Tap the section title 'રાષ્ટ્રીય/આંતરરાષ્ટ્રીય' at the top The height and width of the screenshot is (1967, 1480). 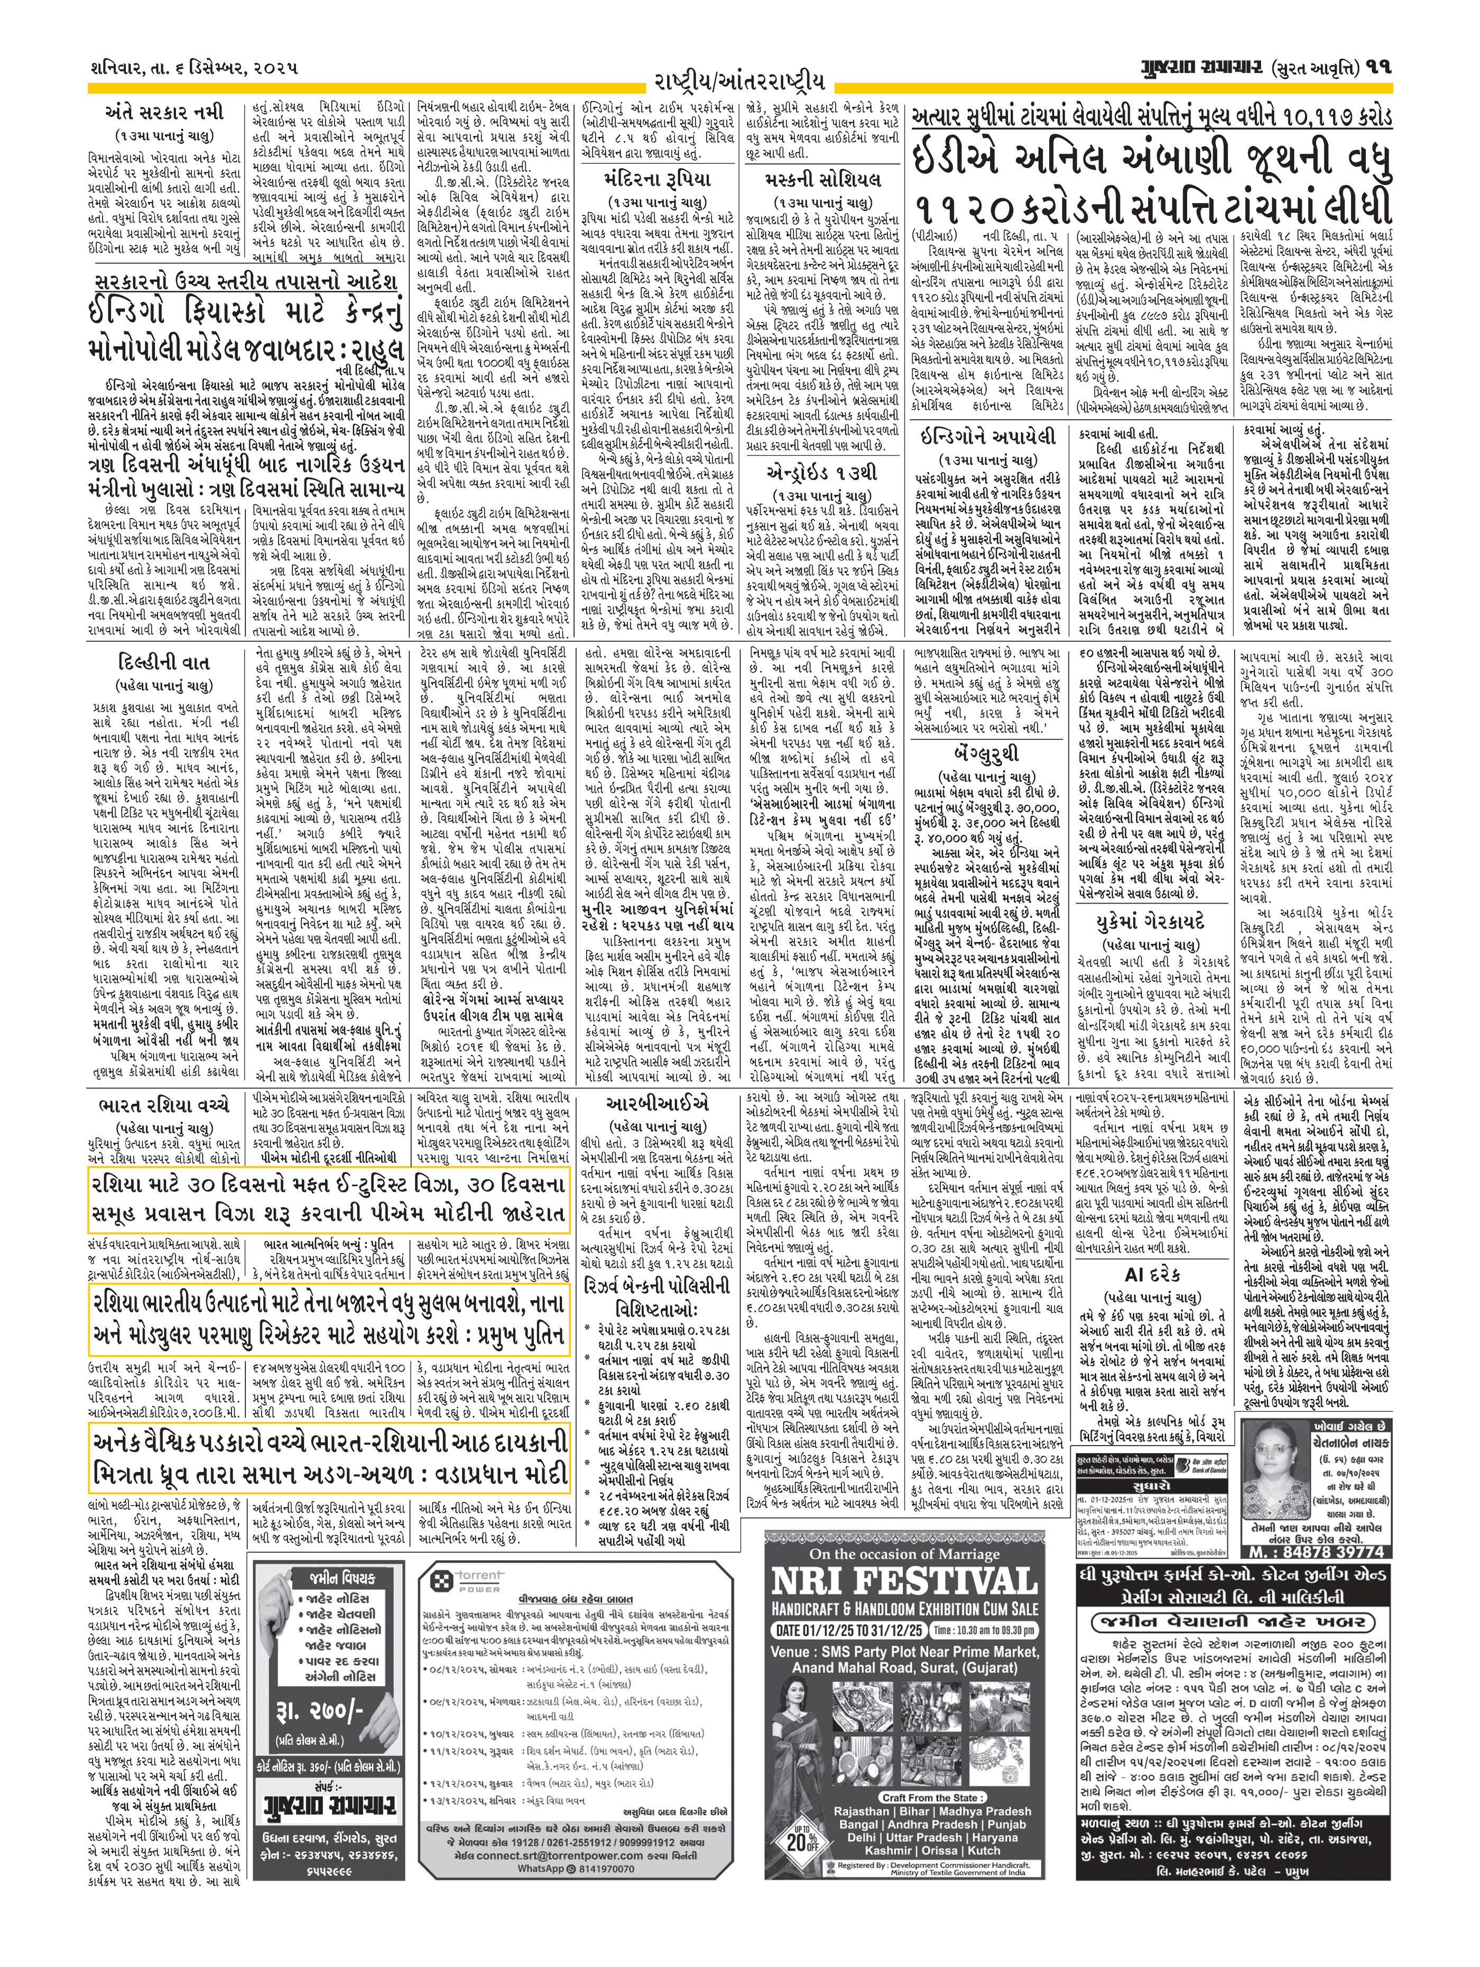pos(739,82)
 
